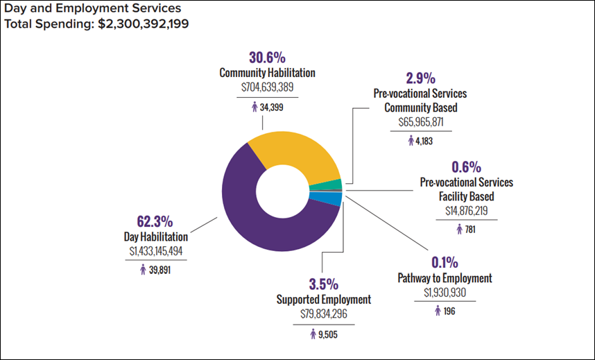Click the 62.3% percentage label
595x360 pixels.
(x=153, y=222)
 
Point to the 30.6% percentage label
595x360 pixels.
(x=267, y=57)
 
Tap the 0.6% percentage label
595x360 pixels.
(x=466, y=167)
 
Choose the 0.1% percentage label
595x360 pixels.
(x=444, y=263)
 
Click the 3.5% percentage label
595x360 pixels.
(x=323, y=284)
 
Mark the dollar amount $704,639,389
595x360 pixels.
(x=268, y=88)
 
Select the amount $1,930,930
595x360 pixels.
(x=445, y=293)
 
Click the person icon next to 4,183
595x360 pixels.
(x=411, y=141)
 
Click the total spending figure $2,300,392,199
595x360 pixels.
(x=144, y=24)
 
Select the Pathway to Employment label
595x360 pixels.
(x=445, y=278)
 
